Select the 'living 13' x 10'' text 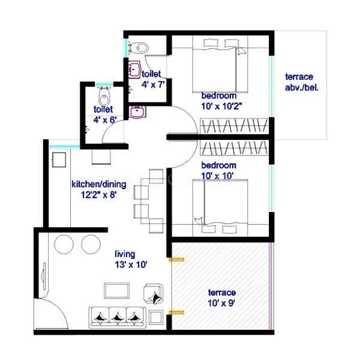tap(130, 259)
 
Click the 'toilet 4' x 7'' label tap(153, 79)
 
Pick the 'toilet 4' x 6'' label tap(105, 114)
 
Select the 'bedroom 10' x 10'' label tap(219, 170)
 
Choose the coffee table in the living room tap(117, 291)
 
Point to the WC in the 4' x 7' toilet tap(139, 47)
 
